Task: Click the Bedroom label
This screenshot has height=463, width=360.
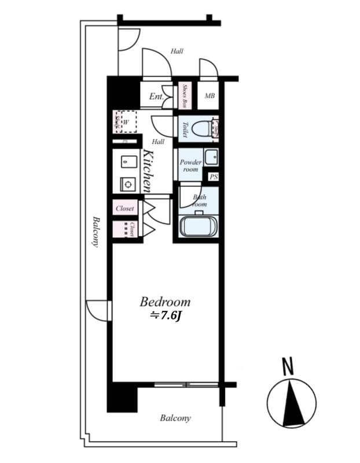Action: [165, 302]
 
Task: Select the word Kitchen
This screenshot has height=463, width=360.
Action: [147, 171]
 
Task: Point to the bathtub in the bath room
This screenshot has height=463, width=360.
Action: [197, 226]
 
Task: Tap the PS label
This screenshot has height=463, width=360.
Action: [214, 178]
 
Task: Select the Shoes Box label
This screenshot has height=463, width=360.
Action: [185, 96]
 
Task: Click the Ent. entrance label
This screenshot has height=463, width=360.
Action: [156, 97]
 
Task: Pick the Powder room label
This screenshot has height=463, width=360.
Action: [190, 166]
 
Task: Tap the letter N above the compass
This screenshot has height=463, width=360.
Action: [288, 366]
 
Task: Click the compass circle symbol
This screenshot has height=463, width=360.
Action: [292, 404]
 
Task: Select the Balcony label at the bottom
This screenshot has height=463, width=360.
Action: [175, 418]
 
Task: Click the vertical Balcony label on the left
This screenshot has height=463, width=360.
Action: [95, 232]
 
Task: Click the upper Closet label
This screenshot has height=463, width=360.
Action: [125, 208]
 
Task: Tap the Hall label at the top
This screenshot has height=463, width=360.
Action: [177, 52]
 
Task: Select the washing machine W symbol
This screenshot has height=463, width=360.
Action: [125, 122]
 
